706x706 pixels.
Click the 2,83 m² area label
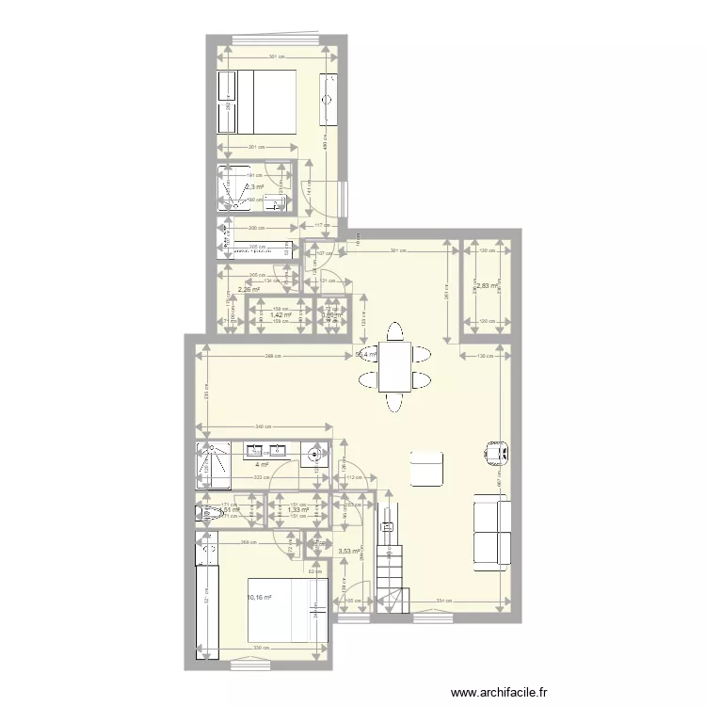pyautogui.click(x=487, y=286)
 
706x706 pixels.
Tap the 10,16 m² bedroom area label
pyautogui.click(x=259, y=597)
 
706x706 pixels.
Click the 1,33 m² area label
pyautogui.click(x=298, y=510)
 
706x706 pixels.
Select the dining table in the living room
pyautogui.click(x=393, y=366)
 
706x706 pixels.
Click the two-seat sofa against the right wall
pyautogui.click(x=490, y=533)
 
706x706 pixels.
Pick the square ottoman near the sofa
pyautogui.click(x=426, y=469)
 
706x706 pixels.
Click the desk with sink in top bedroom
pyautogui.click(x=329, y=98)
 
